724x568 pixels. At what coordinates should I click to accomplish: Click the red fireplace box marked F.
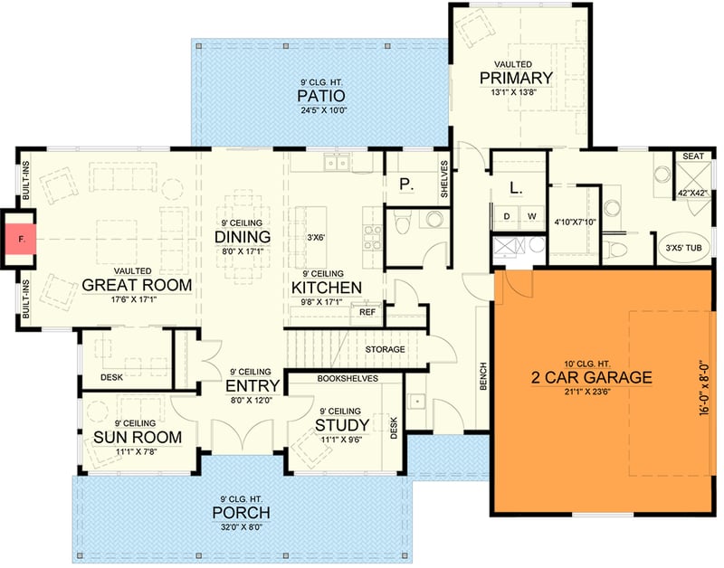(x=18, y=239)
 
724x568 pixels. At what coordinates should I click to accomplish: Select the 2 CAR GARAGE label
(x=591, y=377)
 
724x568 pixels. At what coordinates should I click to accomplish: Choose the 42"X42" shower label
(x=692, y=192)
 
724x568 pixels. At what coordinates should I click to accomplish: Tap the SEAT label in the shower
(x=692, y=156)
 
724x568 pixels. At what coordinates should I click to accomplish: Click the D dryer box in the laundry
(x=506, y=216)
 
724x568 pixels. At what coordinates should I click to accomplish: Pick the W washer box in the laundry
(x=531, y=216)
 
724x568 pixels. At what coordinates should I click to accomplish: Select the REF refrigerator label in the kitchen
(x=367, y=312)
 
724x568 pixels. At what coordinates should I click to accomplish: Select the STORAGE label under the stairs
(x=384, y=349)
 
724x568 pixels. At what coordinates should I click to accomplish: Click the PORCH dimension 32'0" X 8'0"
(x=241, y=529)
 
